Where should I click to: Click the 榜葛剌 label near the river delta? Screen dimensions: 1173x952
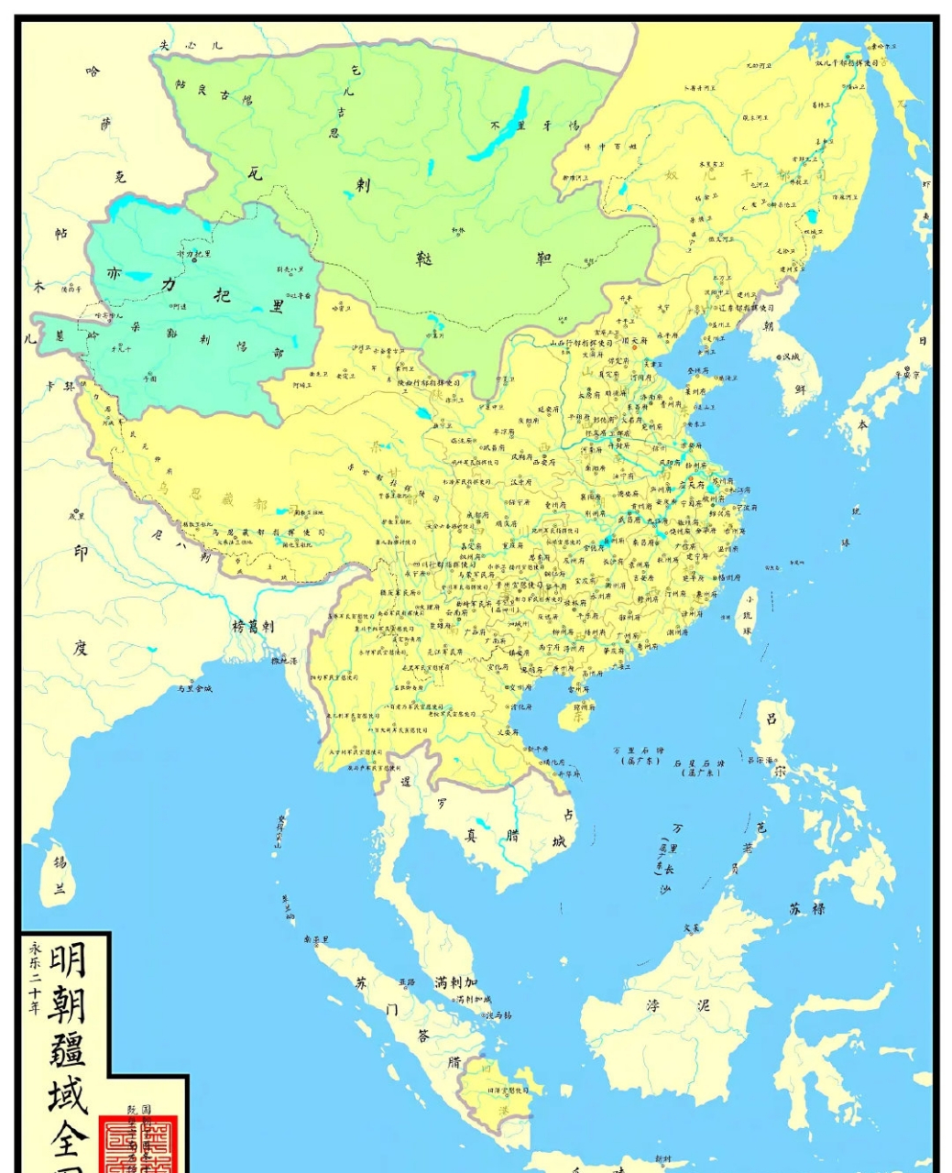click(253, 627)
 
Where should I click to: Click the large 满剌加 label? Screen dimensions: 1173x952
click(455, 982)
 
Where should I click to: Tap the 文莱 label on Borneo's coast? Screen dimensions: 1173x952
click(692, 927)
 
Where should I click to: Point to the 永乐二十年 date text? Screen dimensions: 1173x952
click(36, 978)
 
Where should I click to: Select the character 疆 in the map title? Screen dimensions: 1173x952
click(69, 1047)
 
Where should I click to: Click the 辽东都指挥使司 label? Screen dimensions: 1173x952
click(747, 308)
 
